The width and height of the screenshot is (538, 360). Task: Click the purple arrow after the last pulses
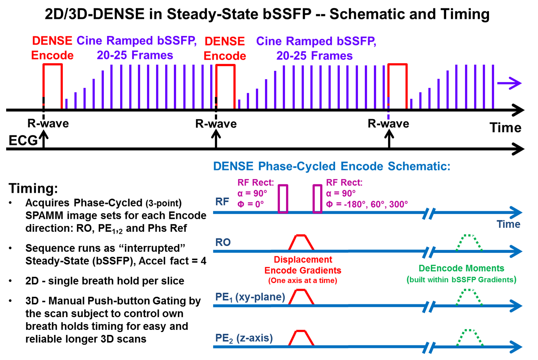pyautogui.click(x=509, y=83)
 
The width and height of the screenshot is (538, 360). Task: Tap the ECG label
pyautogui.click(x=23, y=140)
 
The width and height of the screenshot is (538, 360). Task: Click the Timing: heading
pyautogui.click(x=33, y=188)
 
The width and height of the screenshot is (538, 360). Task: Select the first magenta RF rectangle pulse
pyautogui.click(x=283, y=199)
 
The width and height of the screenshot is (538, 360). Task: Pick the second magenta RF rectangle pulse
pyautogui.click(x=317, y=199)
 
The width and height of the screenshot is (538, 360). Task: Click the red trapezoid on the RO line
pyautogui.click(x=301, y=242)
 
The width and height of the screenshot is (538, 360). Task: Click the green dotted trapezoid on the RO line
pyautogui.click(x=469, y=242)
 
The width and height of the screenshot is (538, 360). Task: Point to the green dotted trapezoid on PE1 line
pyautogui.click(x=469, y=297)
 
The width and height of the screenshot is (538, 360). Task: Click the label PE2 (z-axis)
pyautogui.click(x=244, y=338)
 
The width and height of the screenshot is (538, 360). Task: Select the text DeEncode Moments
pyautogui.click(x=461, y=268)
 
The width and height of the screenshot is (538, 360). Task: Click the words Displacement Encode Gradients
pyautogui.click(x=303, y=265)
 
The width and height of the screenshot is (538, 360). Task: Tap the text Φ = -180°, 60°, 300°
pyautogui.click(x=367, y=204)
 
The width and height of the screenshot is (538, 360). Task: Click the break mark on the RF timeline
pyautogui.click(x=429, y=213)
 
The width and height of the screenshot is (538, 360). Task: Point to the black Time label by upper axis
pyautogui.click(x=505, y=128)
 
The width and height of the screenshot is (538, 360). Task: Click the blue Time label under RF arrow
pyautogui.click(x=508, y=224)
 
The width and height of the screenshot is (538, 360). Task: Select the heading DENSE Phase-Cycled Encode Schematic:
pyautogui.click(x=331, y=166)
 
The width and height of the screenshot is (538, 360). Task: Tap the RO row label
pyautogui.click(x=223, y=242)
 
